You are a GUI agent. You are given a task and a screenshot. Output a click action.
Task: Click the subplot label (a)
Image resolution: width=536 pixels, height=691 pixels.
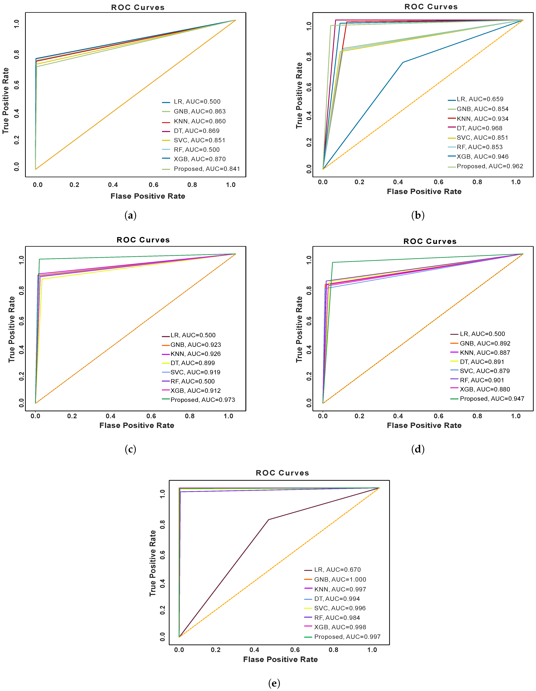[x=130, y=216]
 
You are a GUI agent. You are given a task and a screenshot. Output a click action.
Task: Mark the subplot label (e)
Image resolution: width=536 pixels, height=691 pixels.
[x=274, y=683]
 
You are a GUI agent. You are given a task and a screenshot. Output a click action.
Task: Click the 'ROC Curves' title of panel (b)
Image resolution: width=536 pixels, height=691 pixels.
[x=431, y=7]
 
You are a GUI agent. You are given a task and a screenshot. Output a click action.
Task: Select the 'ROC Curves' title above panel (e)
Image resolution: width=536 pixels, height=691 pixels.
[x=282, y=473]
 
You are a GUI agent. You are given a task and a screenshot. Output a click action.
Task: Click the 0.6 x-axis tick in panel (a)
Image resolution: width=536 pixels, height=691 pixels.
[x=154, y=185]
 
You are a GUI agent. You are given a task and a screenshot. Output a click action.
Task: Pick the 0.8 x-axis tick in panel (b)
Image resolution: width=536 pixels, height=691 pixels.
[x=477, y=182]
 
